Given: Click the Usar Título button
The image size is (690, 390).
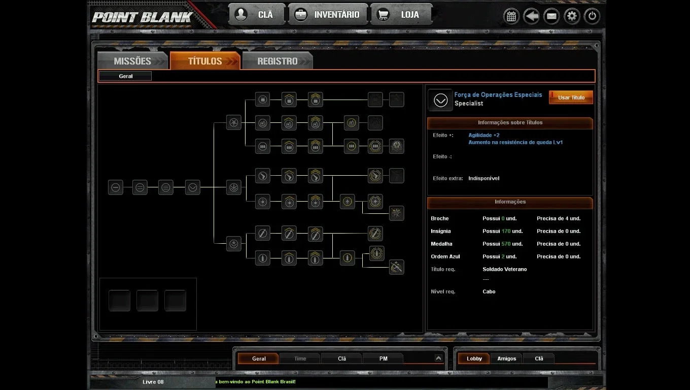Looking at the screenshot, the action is (x=571, y=97).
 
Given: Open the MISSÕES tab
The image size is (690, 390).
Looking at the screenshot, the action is (x=132, y=61).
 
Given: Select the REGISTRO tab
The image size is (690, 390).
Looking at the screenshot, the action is (x=277, y=61).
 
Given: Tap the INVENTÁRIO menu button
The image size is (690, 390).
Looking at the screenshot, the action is (x=328, y=15).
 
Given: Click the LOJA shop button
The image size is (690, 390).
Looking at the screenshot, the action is (x=401, y=15).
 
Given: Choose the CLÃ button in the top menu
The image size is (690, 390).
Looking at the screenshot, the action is (x=257, y=15).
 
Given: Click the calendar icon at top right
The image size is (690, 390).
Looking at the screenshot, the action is (x=511, y=16).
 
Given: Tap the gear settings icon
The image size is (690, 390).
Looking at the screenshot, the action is (x=572, y=16).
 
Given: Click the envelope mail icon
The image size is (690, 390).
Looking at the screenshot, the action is (x=551, y=16).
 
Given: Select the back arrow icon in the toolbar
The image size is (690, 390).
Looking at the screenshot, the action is (x=531, y=16).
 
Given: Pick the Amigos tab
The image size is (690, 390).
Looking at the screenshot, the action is (x=506, y=359).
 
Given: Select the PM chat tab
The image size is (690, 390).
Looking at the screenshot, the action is (x=383, y=359).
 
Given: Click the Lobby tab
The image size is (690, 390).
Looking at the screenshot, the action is (x=474, y=359).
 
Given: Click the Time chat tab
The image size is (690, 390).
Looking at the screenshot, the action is (x=300, y=359).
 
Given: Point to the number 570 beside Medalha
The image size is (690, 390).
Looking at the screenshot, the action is (x=506, y=244).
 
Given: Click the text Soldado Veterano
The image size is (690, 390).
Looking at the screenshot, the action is (x=504, y=269).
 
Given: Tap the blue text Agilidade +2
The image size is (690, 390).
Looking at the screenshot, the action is (x=484, y=135).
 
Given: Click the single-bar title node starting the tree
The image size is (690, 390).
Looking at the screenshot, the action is (x=116, y=187).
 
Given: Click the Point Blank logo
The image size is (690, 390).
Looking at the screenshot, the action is (x=142, y=17).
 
